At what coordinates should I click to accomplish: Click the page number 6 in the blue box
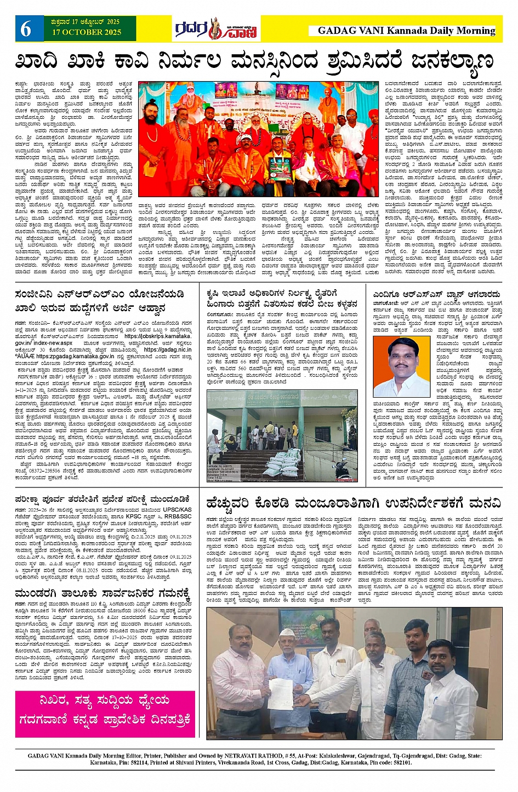pyautogui.click(x=26, y=29)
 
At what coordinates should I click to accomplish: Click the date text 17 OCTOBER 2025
pyautogui.click(x=87, y=32)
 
